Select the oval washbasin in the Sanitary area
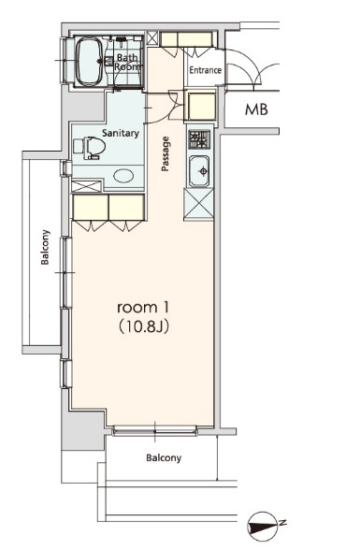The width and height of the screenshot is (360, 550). (123, 176)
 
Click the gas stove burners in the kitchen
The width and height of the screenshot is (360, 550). (200, 139)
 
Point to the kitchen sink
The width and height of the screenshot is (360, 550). (199, 171)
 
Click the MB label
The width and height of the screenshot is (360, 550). (256, 109)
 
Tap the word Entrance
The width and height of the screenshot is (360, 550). (206, 70)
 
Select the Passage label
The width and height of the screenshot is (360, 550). (166, 154)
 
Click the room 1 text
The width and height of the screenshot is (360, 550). (143, 308)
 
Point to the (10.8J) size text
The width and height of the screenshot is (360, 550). (144, 326)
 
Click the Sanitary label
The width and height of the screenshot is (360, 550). (121, 133)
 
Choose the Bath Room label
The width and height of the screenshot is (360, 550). (127, 62)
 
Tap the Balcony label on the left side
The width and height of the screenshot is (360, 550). (45, 247)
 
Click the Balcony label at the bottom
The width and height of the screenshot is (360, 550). (164, 457)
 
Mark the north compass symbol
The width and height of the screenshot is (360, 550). (263, 526)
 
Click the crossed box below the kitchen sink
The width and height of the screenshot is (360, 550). (199, 204)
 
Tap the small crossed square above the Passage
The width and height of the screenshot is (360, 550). (152, 38)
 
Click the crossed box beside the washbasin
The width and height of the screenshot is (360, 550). (87, 186)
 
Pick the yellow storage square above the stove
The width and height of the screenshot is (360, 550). (202, 106)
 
